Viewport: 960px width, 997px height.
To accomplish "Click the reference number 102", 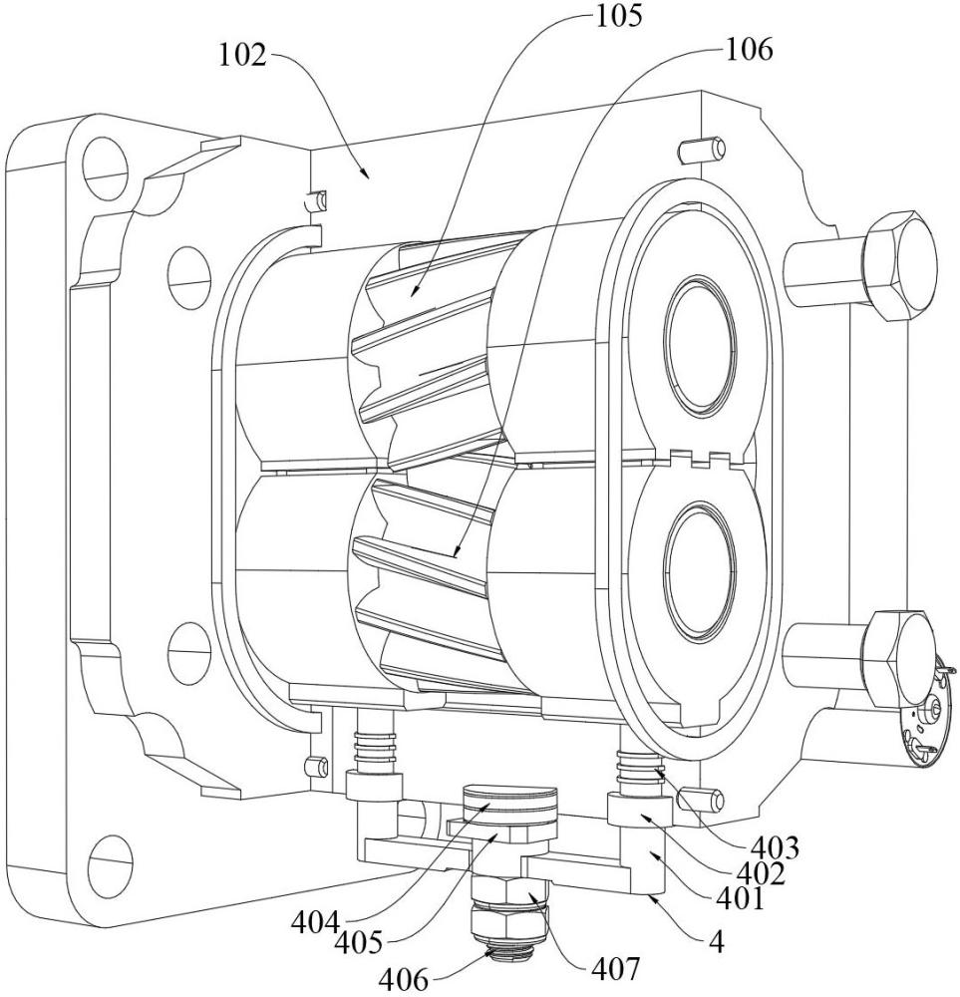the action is point(242,55).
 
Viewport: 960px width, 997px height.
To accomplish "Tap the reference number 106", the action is point(749,50).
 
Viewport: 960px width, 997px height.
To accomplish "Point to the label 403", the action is point(775,847).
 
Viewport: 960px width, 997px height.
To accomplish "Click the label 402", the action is point(761,873).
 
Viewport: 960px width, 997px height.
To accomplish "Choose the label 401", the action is point(741,899).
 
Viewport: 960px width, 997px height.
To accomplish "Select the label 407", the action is point(613,968).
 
